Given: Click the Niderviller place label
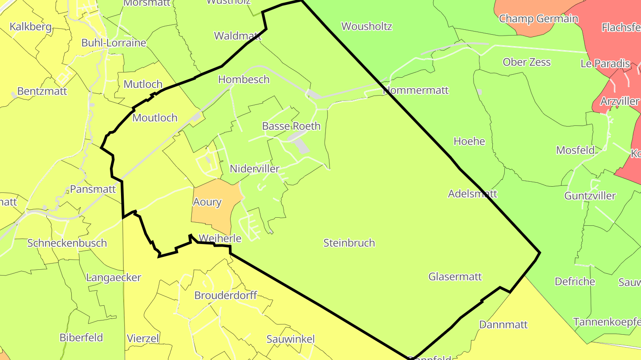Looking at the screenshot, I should pos(255,169).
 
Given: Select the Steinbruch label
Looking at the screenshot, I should pos(349,243).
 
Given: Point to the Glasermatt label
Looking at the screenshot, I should pos(455,276).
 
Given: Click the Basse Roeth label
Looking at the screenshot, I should pos(291,126).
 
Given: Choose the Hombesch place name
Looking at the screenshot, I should pos(243,80).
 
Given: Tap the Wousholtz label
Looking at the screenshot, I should pos(366,26).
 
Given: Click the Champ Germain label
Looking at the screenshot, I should pos(538,19).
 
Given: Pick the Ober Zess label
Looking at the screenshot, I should pos(527,62).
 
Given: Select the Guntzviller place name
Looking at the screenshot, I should pos(590,196).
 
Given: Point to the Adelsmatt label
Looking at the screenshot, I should pos(472,194).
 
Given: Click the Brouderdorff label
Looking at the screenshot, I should pos(226,295).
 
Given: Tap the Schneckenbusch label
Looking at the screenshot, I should pos(67,243).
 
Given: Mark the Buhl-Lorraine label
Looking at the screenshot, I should pos(114,43).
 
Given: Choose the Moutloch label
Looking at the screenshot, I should pos(155,118).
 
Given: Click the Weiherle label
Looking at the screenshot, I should pos(220,238).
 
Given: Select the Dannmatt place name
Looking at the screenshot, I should pos(503,324).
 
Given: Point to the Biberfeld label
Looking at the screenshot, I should pos(81,337).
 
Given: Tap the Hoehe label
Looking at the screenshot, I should pos(469,141).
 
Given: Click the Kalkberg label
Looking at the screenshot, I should pos(30,27).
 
